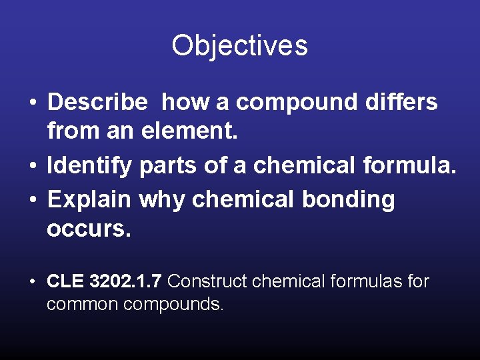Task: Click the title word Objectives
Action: click(x=239, y=46)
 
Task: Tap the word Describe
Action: click(x=97, y=102)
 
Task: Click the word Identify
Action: click(x=90, y=166)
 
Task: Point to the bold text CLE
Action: click(x=65, y=281)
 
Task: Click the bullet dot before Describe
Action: click(x=32, y=103)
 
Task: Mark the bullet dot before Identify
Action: click(x=32, y=167)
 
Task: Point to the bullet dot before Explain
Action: click(x=32, y=199)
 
